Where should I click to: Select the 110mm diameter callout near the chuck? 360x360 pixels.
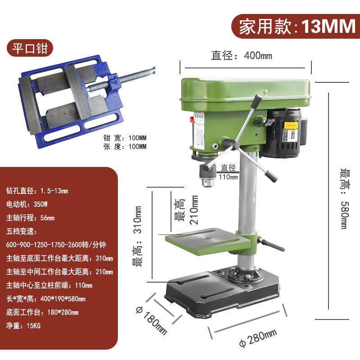229,173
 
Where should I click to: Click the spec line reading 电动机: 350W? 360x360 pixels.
27,204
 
